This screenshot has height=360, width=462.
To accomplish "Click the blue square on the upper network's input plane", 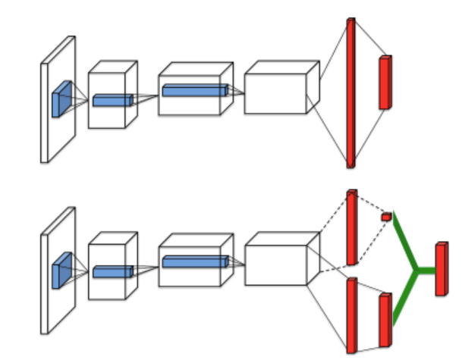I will pyautogui.click(x=61, y=99).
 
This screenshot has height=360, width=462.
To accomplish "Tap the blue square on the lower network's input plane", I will pyautogui.click(x=61, y=271).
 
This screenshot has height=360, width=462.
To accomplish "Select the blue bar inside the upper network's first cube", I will pyautogui.click(x=112, y=100).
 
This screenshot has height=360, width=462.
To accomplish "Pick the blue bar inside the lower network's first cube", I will pyautogui.click(x=112, y=271).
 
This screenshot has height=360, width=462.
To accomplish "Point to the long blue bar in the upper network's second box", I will pyautogui.click(x=195, y=91).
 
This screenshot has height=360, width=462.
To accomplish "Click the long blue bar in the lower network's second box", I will pyautogui.click(x=195, y=262).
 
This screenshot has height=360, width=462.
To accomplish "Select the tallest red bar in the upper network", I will pyautogui.click(x=350, y=92).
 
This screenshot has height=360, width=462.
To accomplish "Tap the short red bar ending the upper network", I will pyautogui.click(x=385, y=83).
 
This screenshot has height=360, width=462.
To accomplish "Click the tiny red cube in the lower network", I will pyautogui.click(x=386, y=217).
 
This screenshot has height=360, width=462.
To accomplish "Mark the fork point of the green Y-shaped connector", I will pyautogui.click(x=415, y=270).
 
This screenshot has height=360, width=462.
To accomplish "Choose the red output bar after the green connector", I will pyautogui.click(x=441, y=269).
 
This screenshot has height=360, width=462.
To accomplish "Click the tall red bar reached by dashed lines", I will pyautogui.click(x=351, y=227).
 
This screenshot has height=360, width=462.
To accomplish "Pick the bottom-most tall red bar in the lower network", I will pyautogui.click(x=351, y=315).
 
